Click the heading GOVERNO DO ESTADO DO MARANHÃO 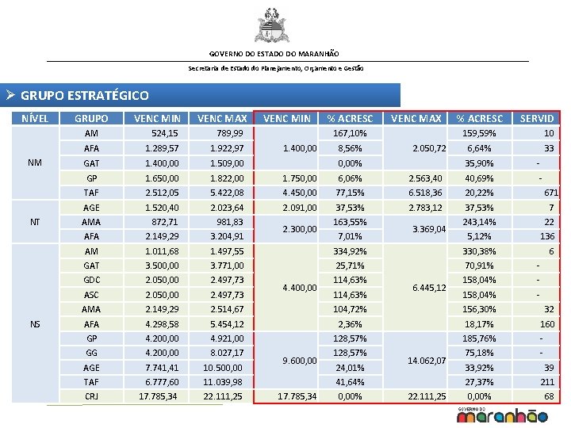274,54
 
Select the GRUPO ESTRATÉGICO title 84,96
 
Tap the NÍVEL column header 36,119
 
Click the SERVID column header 537,119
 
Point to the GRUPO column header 91,119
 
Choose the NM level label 35,162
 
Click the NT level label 35,221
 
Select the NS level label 35,324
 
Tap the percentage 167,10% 350,133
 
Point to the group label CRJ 91,396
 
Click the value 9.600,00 300,361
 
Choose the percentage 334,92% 350,251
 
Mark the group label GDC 91,281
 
